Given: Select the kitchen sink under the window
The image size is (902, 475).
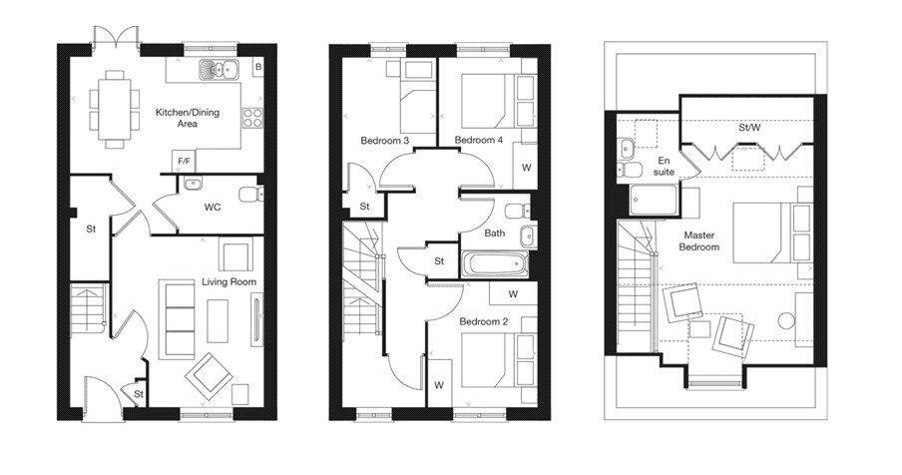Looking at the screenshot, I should click(215, 70).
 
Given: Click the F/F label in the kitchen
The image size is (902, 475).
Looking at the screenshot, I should click(185, 161).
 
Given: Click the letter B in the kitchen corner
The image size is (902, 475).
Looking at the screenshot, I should click(257, 67).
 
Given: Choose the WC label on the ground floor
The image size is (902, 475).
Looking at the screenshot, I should click(212, 209).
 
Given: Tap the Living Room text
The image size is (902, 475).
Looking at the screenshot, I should click(228, 282).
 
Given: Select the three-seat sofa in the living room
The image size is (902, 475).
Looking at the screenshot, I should click(179, 319).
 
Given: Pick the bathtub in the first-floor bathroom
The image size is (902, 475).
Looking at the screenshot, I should click(496, 265).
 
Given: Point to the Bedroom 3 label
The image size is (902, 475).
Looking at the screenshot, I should click(384, 141).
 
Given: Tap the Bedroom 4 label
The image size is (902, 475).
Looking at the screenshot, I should click(478, 141).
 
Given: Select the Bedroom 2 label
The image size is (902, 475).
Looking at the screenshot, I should click(485, 322).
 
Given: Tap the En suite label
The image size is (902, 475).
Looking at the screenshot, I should click(665, 166).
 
